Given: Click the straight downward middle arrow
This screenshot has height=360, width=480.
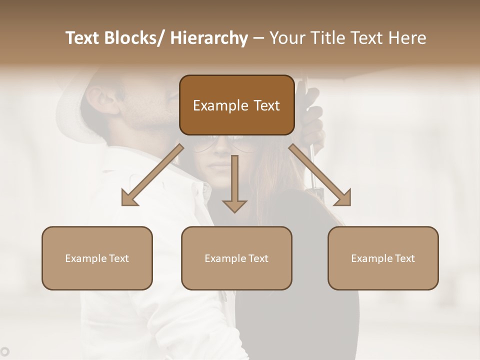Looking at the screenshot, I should coord(234,185).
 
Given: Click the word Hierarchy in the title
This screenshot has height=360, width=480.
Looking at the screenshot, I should coord(209,38).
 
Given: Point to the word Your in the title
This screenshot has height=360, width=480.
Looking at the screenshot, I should coord(286,38).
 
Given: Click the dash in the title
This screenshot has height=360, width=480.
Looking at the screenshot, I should coord(258,38).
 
